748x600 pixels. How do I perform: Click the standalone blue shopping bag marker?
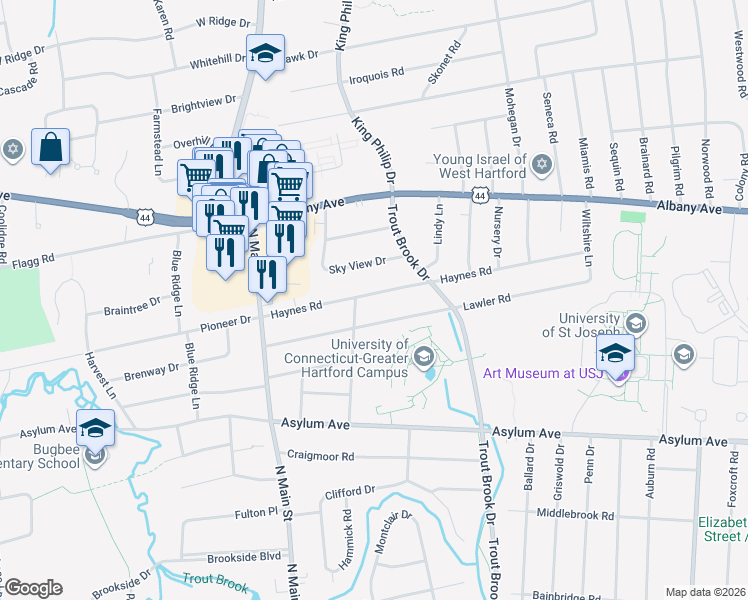[x=50, y=148]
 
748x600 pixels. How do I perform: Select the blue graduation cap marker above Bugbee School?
[x=95, y=428]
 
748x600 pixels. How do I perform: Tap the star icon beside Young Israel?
[x=542, y=163]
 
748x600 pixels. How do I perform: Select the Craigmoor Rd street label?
[x=320, y=456]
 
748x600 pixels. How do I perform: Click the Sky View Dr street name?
[x=357, y=263]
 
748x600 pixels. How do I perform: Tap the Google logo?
[x=33, y=588]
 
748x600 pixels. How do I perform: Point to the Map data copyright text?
[x=705, y=592]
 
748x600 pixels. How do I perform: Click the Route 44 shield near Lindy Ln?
[x=480, y=196]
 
